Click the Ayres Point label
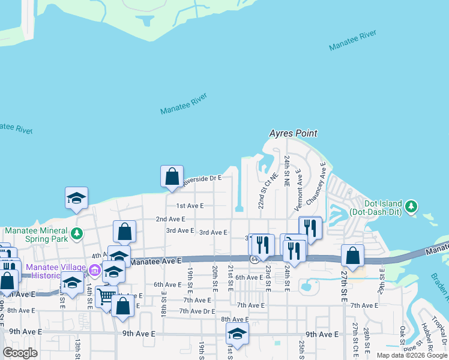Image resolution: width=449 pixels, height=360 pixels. click(x=293, y=133)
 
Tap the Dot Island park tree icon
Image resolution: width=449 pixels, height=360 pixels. click(x=411, y=206)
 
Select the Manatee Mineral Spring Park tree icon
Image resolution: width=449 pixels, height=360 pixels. click(x=76, y=233)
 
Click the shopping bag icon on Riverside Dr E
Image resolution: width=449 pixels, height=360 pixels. click(x=172, y=176)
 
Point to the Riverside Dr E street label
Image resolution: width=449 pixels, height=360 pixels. click(x=202, y=178)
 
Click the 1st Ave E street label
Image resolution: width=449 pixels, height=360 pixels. click(x=190, y=205)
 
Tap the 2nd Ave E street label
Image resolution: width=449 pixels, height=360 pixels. click(x=170, y=220)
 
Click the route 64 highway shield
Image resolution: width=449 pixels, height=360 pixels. click(x=255, y=259)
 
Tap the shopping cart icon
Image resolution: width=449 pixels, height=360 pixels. click(x=106, y=296)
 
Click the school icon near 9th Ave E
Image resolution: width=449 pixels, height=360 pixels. click(x=237, y=334)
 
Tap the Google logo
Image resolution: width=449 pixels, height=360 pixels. click(x=20, y=353)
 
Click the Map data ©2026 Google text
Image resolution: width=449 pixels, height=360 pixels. click(x=412, y=355)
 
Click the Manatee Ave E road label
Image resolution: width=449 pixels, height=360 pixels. click(x=155, y=262)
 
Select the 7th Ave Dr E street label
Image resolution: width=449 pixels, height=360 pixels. click(x=197, y=311)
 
